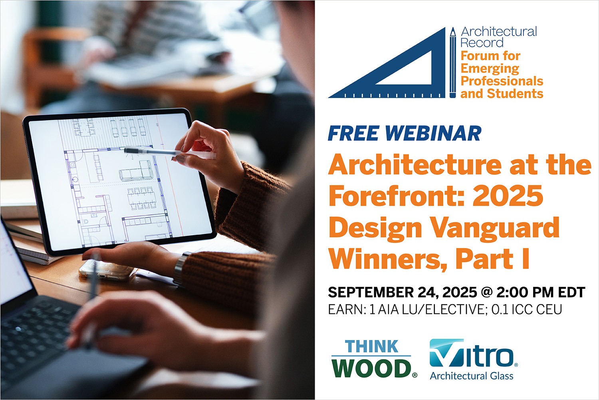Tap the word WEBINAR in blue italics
click(433, 133)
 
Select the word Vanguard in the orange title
click(495, 228)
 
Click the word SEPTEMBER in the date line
click(370, 292)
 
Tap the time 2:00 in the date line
click(511, 292)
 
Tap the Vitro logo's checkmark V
click(446, 353)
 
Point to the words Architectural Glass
click(472, 376)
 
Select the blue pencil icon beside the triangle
click(453, 62)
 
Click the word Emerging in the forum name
click(490, 69)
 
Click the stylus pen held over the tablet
click(170, 152)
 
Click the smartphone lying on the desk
click(107, 270)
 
